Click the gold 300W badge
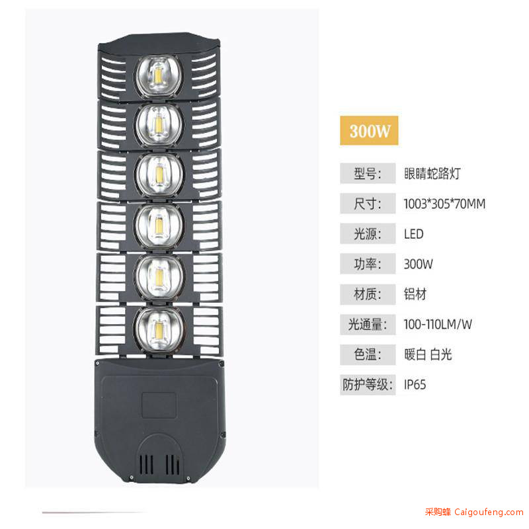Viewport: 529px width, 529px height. pos(369,130)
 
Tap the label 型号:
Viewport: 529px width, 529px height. pos(368,173)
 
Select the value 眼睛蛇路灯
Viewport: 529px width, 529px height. pos(432,173)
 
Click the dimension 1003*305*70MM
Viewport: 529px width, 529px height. pos(444,204)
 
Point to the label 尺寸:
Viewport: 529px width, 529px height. pos(368,204)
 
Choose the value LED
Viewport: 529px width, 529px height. pos(414,234)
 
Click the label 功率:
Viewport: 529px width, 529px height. pos(368,264)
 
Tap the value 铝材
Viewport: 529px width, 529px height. pos(415,294)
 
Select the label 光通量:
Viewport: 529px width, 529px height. pos(368,324)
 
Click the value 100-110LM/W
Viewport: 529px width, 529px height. pos(438,324)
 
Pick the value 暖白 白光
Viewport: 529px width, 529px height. pos(428,354)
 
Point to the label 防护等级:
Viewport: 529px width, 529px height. pos(368,385)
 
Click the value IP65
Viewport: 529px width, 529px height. pos(415,385)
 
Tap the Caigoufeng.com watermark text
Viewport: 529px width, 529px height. pos(489,512)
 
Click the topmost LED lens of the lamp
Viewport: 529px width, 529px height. pos(159,76)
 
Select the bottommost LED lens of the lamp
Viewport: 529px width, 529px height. pos(159,329)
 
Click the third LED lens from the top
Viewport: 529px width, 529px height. pos(159,175)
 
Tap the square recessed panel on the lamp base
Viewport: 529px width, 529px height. pos(159,405)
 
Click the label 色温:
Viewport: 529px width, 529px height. pos(368,354)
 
